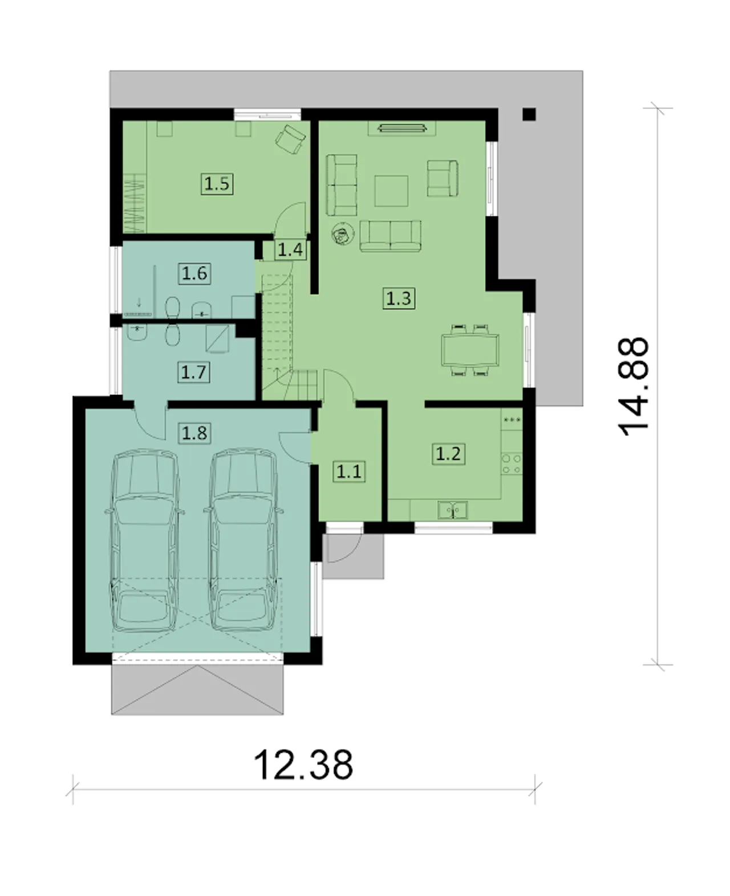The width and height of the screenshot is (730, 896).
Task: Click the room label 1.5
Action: (217, 184)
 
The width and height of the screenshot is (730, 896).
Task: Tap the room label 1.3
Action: (399, 298)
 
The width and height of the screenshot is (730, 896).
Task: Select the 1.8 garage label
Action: (194, 433)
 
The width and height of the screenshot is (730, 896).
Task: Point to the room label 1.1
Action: (348, 471)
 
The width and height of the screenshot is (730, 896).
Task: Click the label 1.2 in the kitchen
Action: (448, 454)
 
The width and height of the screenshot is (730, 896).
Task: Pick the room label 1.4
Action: (290, 249)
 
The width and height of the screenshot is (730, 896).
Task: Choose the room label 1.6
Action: (194, 273)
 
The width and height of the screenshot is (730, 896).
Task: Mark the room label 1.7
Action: (194, 373)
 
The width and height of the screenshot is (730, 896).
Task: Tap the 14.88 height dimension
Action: (632, 387)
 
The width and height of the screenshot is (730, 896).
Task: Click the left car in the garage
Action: (144, 541)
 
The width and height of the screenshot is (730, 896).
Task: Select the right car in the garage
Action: (243, 540)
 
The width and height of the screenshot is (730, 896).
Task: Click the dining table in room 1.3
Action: (470, 350)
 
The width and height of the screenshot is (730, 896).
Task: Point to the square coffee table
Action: (391, 191)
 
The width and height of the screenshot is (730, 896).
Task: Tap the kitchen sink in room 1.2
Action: (453, 510)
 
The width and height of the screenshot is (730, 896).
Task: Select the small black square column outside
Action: (529, 114)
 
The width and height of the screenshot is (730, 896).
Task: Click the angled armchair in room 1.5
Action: (290, 139)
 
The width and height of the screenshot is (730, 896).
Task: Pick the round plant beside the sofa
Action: (343, 234)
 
